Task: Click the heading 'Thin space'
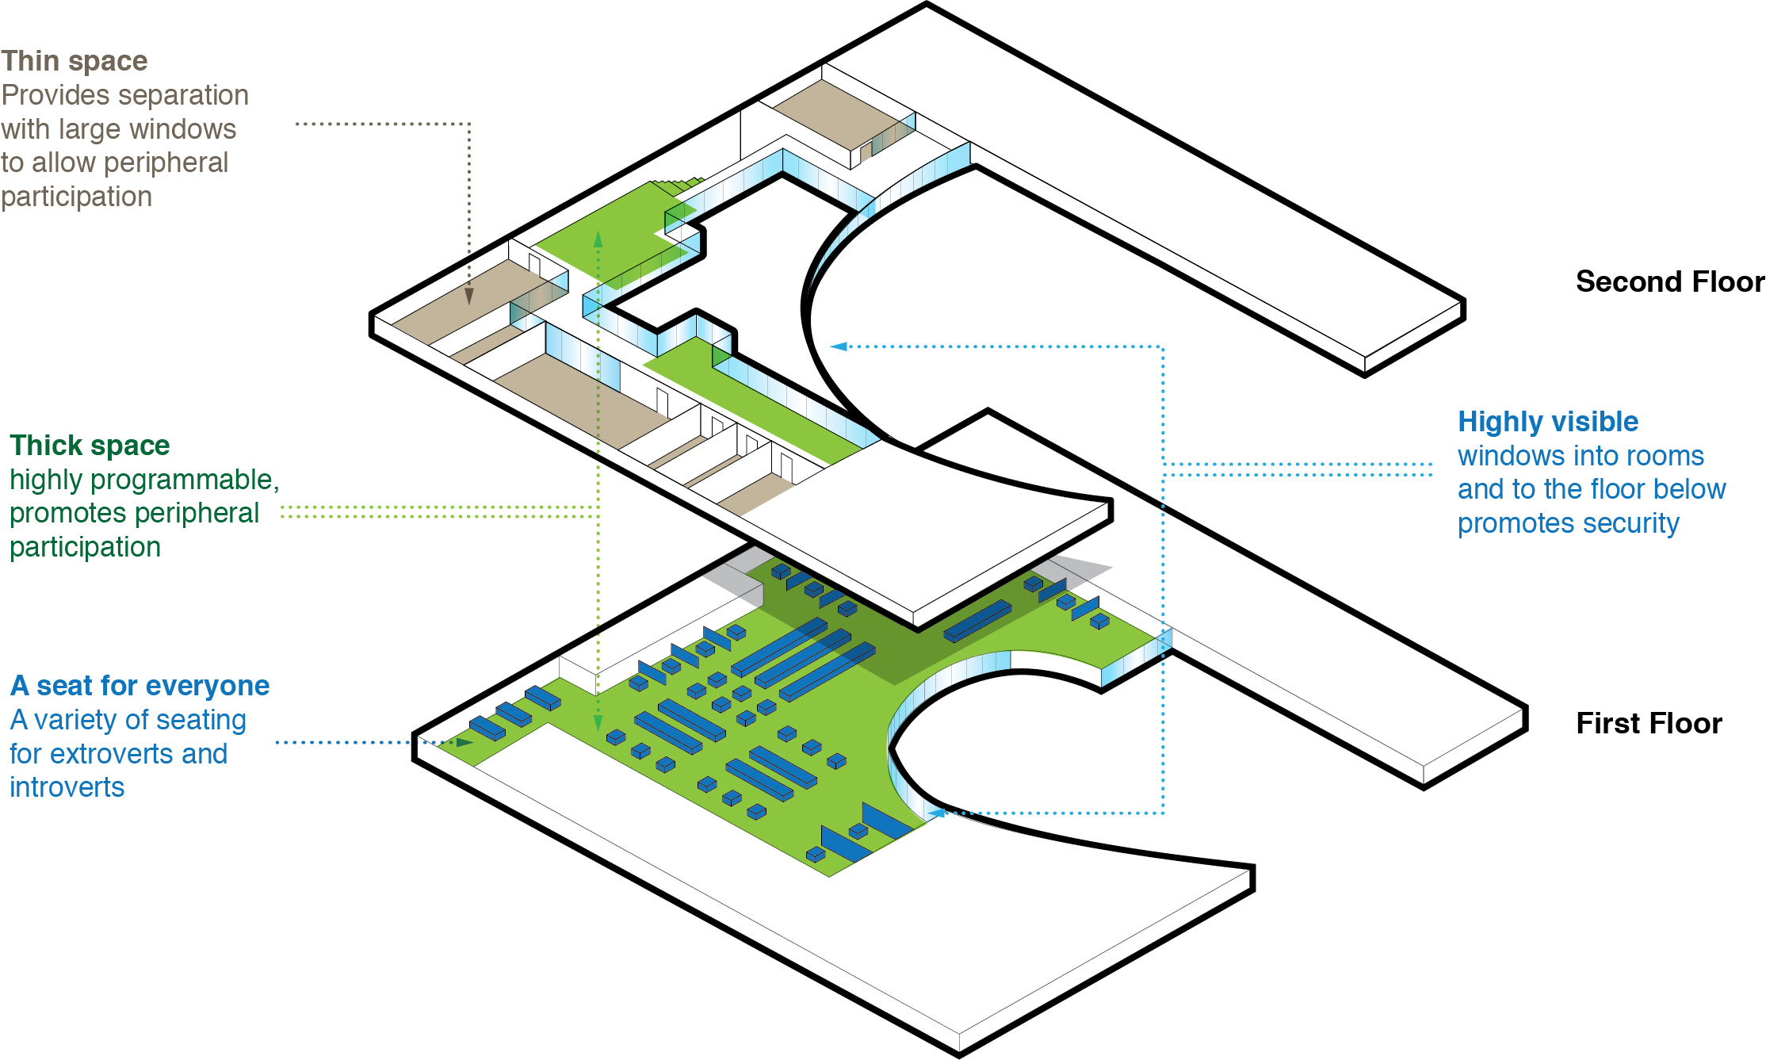(x=75, y=61)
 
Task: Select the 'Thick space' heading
(x=90, y=446)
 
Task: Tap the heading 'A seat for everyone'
(x=140, y=686)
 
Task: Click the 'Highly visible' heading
(x=1548, y=422)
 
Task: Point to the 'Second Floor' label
(x=1669, y=282)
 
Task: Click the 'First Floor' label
(x=1649, y=724)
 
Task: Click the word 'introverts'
(x=67, y=787)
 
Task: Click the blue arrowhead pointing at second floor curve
(x=839, y=346)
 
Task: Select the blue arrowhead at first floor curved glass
(x=938, y=813)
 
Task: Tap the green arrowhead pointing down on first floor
(x=598, y=722)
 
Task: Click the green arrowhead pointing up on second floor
(x=598, y=239)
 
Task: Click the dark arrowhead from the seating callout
(x=464, y=743)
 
